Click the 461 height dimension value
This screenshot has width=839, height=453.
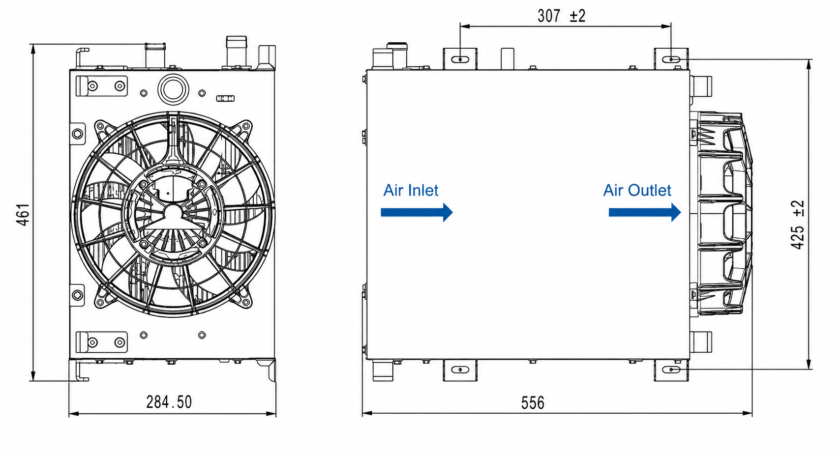click(x=23, y=215)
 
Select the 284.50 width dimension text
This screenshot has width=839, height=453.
click(x=169, y=402)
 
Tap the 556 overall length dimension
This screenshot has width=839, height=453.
click(x=533, y=403)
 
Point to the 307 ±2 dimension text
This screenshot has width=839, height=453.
click(x=561, y=16)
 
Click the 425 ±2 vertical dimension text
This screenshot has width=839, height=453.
click(x=797, y=225)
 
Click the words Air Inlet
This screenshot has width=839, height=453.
click(x=411, y=191)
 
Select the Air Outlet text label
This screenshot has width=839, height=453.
click(x=637, y=191)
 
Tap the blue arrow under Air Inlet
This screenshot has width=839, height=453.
click(x=417, y=212)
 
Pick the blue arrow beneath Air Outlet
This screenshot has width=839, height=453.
click(x=645, y=212)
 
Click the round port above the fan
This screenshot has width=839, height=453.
click(x=173, y=89)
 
